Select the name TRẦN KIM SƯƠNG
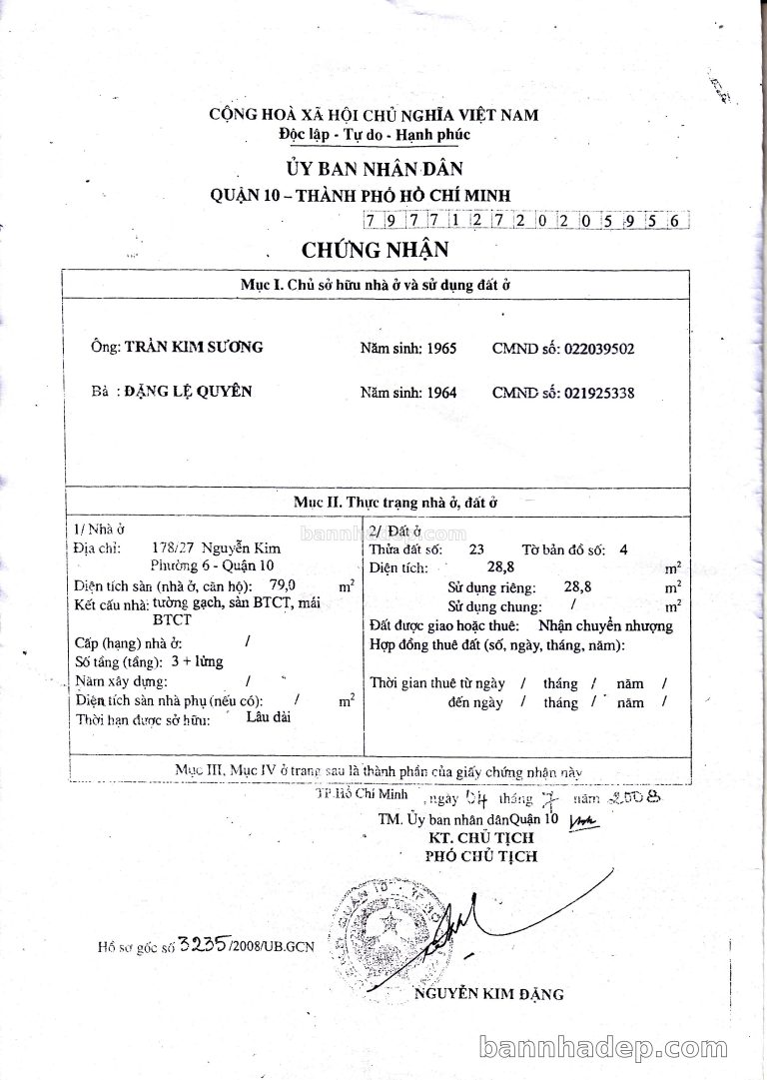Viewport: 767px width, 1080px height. (x=194, y=348)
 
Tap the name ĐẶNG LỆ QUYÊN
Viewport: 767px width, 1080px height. (x=188, y=392)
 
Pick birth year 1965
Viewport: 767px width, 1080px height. (x=440, y=349)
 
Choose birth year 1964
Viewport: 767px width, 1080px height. (x=440, y=393)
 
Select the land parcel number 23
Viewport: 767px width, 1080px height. (x=476, y=548)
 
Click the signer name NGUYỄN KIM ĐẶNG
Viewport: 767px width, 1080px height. (x=489, y=994)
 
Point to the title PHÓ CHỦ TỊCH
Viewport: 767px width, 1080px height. (x=480, y=856)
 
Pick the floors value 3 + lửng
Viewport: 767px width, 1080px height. (x=197, y=661)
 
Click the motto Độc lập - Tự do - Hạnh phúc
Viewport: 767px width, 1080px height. (x=374, y=134)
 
